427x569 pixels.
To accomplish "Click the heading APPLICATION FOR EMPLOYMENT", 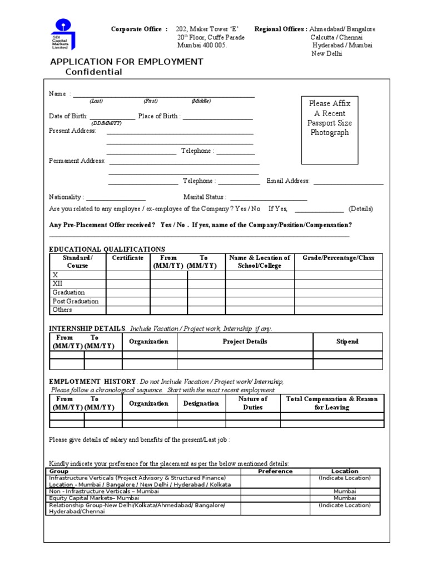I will point(127,62).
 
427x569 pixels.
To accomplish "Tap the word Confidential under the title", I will point(93,72).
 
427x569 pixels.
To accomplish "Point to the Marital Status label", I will point(205,197).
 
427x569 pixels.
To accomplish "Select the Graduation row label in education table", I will point(68,292).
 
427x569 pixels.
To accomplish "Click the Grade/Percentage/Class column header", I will point(338,258).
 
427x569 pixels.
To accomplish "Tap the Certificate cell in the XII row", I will point(128,283).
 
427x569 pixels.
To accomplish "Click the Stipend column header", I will point(347,342).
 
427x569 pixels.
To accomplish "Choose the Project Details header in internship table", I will point(245,342).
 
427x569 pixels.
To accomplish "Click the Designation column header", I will point(201,403).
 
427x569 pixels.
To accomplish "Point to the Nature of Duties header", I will point(252,403).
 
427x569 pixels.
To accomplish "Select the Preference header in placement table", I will point(275,471).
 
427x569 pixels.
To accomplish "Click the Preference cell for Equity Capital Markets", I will point(275,498).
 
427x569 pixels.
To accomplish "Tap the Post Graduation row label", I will point(75,301).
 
